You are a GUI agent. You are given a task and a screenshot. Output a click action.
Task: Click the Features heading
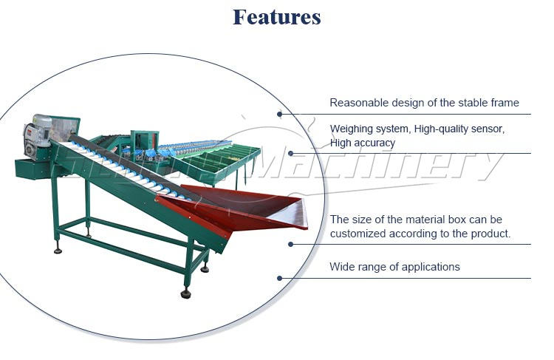pos(276,17)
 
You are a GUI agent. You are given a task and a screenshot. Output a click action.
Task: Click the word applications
pos(430,267)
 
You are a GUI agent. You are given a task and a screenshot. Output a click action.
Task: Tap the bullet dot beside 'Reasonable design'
pos(280,114)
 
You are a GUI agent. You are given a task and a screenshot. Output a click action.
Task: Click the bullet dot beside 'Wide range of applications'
pos(280,278)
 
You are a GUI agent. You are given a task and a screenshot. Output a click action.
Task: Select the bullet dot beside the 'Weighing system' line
pos(290,153)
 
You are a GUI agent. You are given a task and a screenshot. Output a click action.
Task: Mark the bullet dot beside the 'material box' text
pos(290,244)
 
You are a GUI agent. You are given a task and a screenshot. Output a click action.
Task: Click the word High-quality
pos(442,129)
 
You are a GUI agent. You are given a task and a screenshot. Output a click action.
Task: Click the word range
pos(373,267)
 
